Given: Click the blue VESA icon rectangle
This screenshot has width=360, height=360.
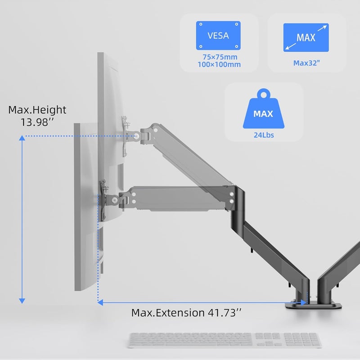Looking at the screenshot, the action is click(218, 36).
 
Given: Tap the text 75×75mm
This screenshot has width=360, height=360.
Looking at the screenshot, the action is click(220, 57).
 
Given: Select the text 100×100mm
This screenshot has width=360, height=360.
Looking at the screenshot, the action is click(219, 64).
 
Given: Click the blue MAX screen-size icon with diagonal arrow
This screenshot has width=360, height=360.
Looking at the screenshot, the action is click(306, 37).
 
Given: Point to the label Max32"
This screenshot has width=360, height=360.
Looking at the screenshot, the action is click(306, 63).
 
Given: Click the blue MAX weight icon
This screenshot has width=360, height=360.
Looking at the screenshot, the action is click(264, 108).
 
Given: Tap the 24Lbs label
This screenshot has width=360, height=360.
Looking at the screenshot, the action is click(264, 135).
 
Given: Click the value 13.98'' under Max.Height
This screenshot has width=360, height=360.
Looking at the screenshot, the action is click(37, 122).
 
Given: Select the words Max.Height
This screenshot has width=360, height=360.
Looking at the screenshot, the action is click(37, 110).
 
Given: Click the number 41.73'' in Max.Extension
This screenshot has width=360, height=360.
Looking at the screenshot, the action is click(225, 313).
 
